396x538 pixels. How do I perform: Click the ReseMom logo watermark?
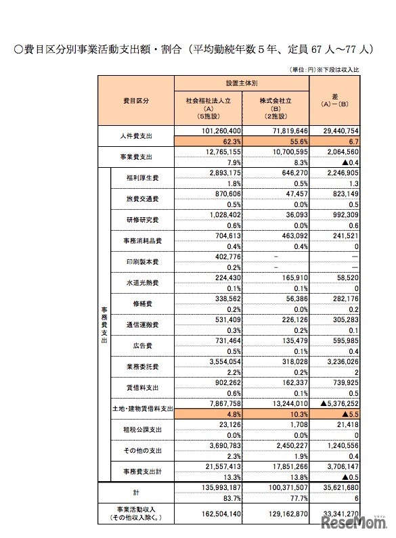pos(354,523)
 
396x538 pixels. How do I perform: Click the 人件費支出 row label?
pos(137,136)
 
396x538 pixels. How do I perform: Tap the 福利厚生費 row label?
pos(142,178)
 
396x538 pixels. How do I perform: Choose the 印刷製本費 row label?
pos(142,262)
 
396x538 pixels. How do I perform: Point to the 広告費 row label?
pos(142,346)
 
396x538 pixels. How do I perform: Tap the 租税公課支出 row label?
pos(142,430)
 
